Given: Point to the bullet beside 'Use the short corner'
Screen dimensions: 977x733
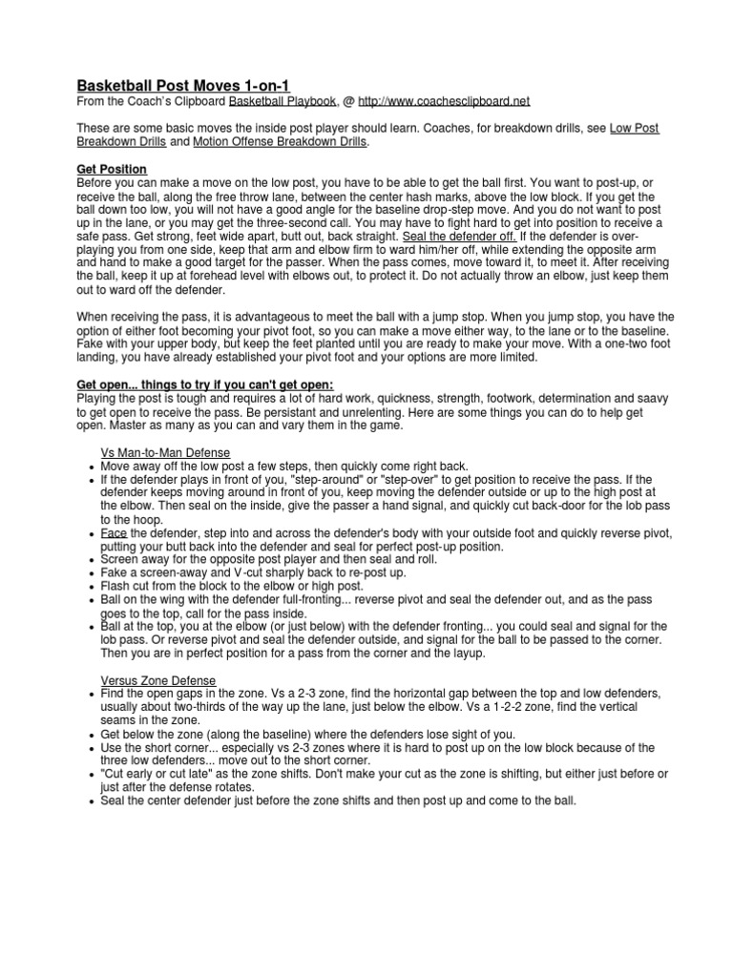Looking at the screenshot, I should pyautogui.click(x=89, y=749).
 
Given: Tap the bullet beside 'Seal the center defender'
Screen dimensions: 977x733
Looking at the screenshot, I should pyautogui.click(x=89, y=802).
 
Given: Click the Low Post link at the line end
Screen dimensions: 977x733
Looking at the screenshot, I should pyautogui.click(x=634, y=128).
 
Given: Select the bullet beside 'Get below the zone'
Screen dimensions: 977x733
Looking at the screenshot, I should pyautogui.click(x=89, y=736).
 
